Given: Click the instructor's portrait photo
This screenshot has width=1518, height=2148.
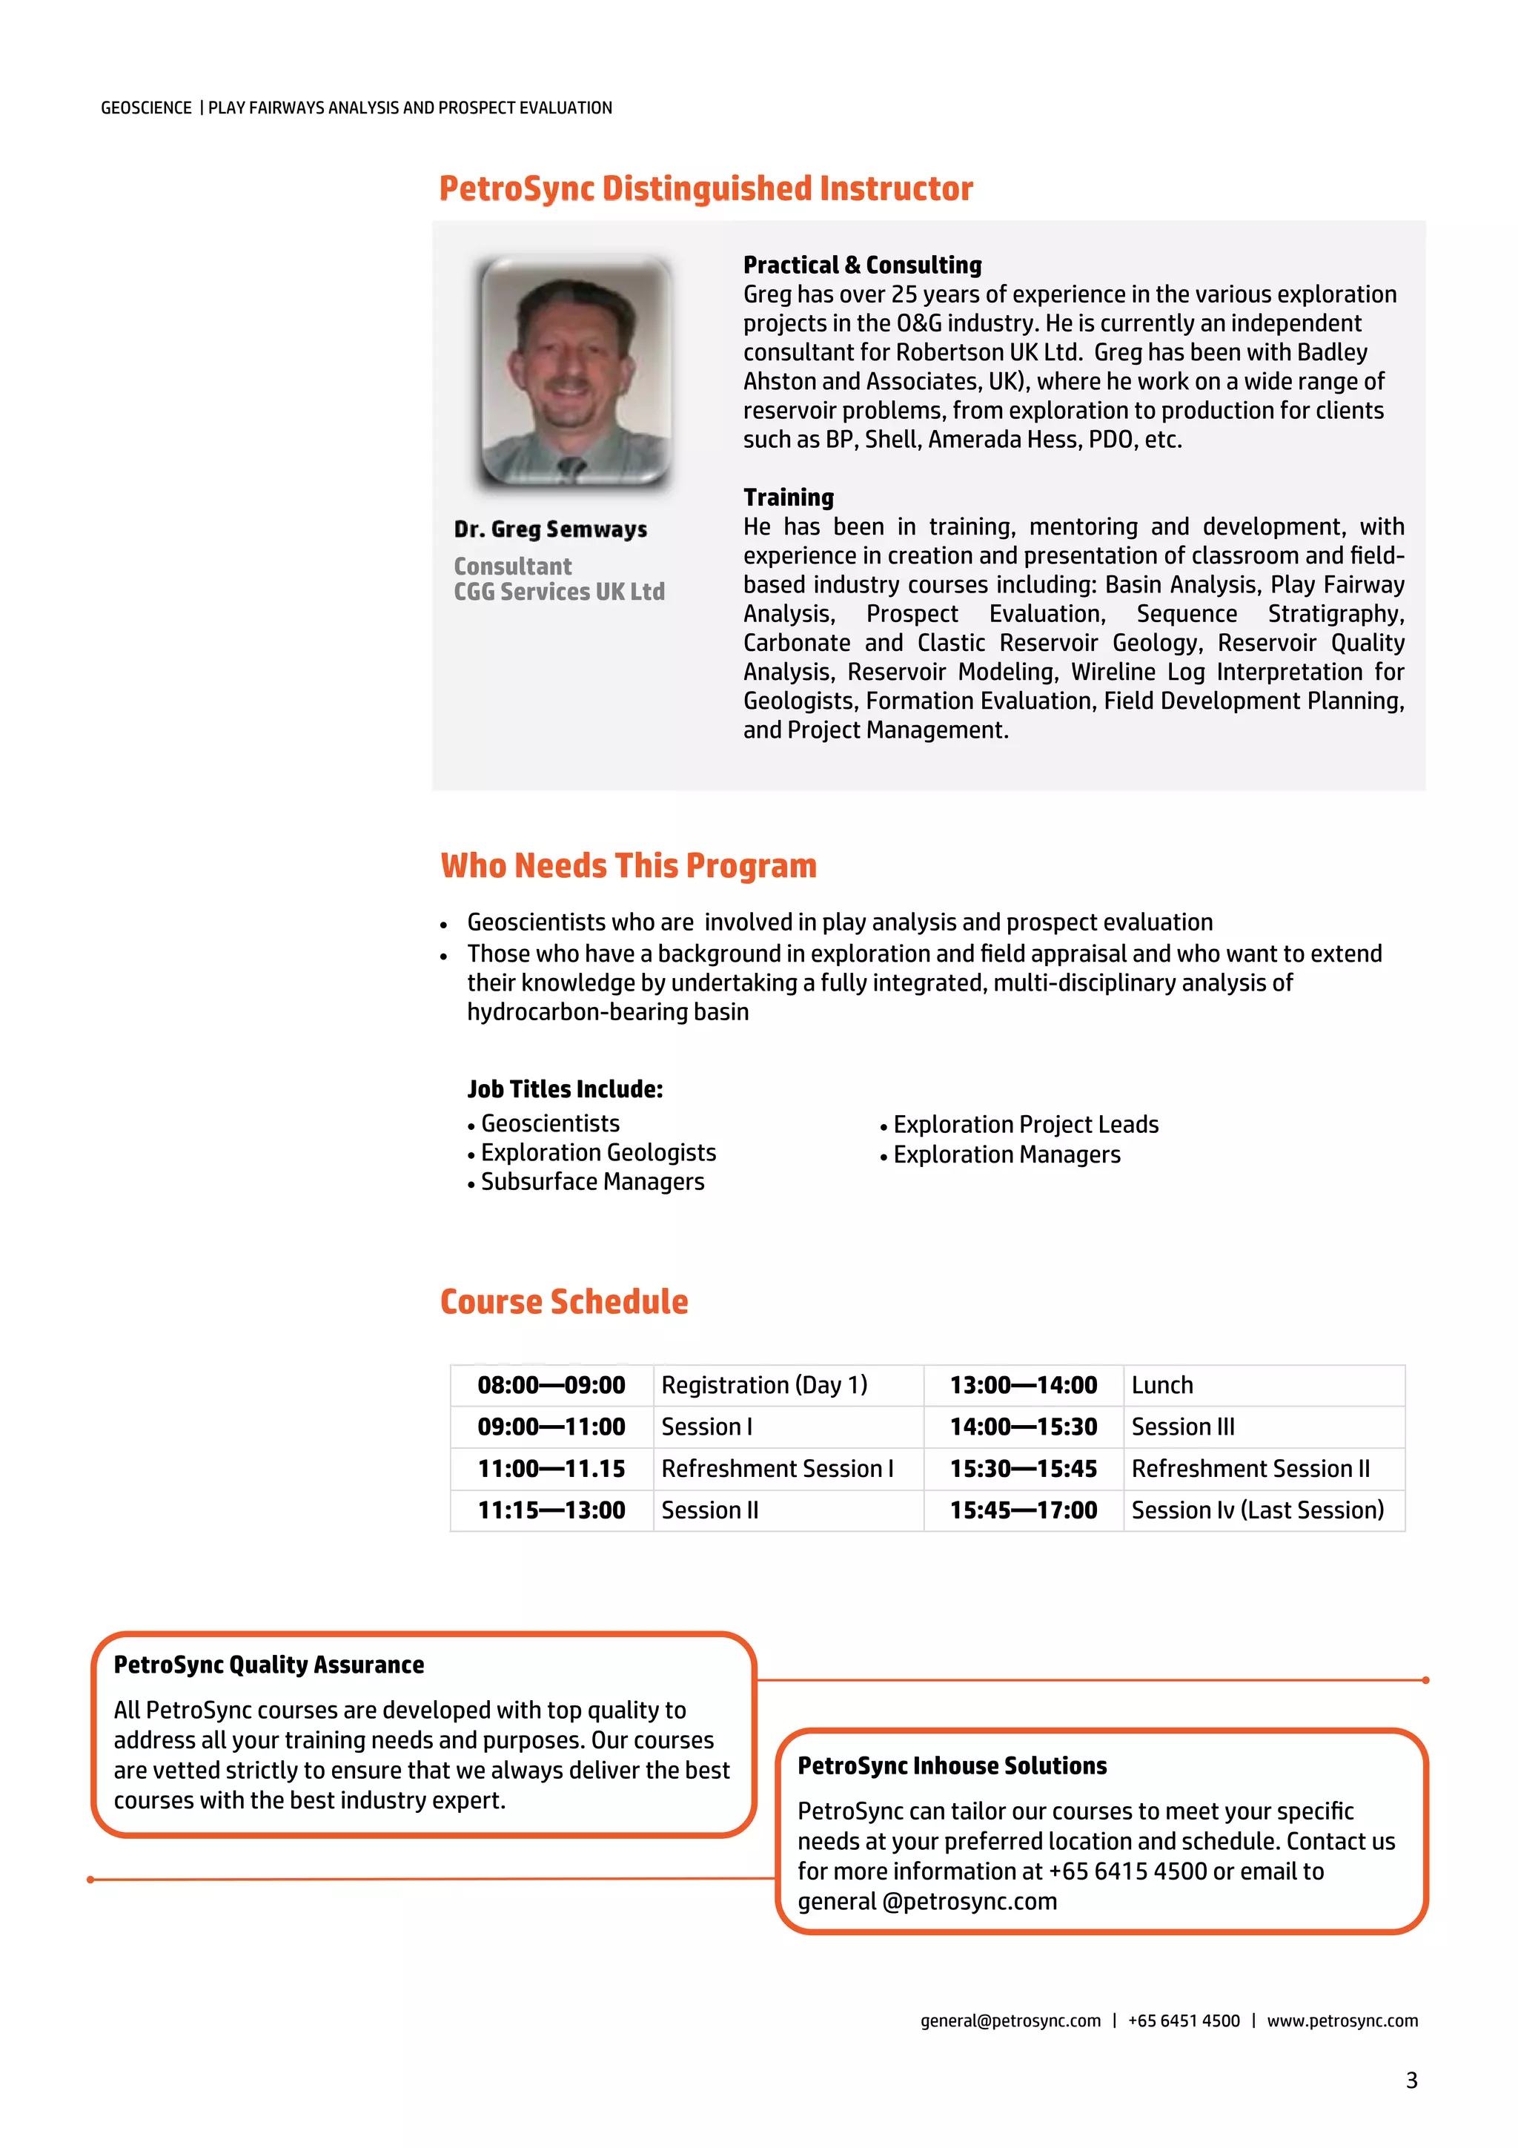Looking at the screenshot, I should [575, 372].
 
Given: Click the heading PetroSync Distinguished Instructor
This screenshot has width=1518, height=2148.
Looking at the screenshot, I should [706, 188].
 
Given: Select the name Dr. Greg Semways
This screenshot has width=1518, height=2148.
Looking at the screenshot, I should [550, 529].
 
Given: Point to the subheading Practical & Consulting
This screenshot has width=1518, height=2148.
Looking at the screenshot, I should [861, 265].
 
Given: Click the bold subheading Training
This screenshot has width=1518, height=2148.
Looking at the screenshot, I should [789, 498].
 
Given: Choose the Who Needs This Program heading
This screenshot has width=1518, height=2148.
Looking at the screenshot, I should [629, 866].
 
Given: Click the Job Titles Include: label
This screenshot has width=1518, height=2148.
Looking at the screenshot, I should [565, 1089].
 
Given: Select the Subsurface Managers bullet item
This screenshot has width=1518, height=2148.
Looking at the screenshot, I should [592, 1183].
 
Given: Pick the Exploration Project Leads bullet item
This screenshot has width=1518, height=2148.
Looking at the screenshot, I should [1025, 1125].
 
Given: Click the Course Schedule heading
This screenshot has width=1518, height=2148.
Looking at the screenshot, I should [564, 1302].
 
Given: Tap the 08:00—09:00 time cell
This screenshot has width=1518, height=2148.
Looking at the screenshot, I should [551, 1386].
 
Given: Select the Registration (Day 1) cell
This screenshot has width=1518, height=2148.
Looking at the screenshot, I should [764, 1386].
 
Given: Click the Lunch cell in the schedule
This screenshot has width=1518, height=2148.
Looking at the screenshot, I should [1161, 1386].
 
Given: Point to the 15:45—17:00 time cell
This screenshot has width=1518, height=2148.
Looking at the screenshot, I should [1023, 1511].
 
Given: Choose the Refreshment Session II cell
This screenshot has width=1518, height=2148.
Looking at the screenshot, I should [1250, 1469].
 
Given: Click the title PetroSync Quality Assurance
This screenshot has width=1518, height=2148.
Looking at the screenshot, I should [268, 1665].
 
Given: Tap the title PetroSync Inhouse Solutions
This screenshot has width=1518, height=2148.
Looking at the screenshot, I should [952, 1766].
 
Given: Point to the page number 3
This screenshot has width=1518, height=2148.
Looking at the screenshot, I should [1411, 2081].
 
